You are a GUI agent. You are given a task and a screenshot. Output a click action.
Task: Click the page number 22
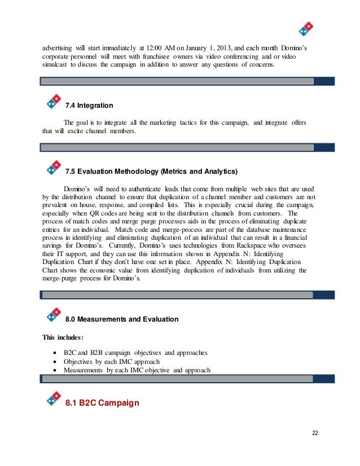[x=314, y=433]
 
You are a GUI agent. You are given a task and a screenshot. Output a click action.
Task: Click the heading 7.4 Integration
[x=89, y=105]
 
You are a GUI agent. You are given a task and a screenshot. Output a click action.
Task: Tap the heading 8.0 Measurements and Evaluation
[x=122, y=319]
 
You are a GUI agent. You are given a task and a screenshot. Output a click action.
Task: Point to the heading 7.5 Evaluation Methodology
[x=151, y=172]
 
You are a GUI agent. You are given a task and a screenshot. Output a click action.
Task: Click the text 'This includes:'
[x=63, y=338]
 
